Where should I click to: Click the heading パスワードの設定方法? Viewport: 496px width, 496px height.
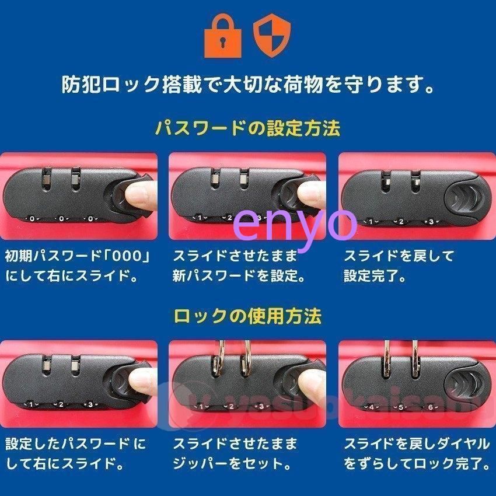coord(247,128)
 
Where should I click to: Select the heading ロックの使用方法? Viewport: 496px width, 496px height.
coord(247,316)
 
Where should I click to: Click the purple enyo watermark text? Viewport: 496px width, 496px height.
coord(295,223)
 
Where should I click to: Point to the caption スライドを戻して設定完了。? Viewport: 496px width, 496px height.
coord(399,266)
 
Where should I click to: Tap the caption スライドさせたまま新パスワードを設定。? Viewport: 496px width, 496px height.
coord(239,266)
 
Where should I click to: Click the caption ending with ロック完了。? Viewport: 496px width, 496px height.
coord(417,454)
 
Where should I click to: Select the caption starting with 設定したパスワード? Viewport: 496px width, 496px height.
coord(75,454)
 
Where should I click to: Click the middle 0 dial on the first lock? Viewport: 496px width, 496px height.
coord(61,219)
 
